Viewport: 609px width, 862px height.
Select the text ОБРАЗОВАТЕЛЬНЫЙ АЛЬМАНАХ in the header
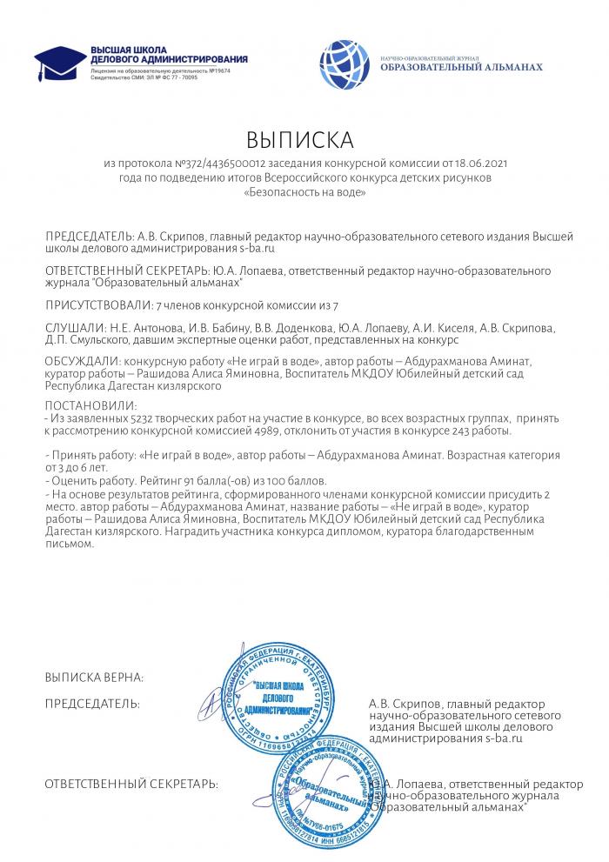pos(462,67)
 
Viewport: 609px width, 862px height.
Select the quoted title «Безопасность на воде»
pos(304,191)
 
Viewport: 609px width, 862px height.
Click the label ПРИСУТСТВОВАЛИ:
pos(97,306)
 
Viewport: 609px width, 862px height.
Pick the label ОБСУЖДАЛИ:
pos(84,359)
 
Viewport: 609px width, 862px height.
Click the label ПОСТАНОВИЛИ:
pos(90,406)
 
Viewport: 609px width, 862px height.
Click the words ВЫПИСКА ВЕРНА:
pos(94,676)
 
